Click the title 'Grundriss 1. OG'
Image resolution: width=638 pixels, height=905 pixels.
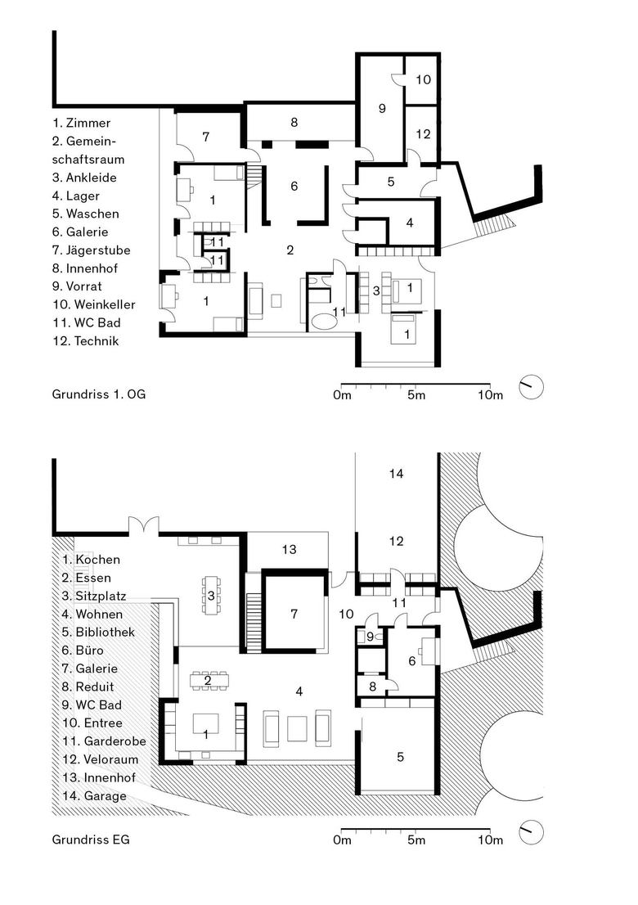(x=99, y=394)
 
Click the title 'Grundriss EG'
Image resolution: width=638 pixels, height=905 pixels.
(x=91, y=840)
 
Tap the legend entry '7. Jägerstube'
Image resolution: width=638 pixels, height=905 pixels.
(x=91, y=250)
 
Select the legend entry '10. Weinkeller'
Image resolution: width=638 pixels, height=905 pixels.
(x=94, y=304)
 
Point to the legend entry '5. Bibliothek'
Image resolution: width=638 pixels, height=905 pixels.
(x=98, y=632)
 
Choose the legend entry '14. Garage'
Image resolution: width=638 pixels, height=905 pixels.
(x=94, y=796)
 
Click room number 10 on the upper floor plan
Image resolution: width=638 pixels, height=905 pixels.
(x=424, y=79)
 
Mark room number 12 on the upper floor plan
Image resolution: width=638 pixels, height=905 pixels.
(x=424, y=134)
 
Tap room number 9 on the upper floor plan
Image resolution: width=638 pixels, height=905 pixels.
(x=382, y=108)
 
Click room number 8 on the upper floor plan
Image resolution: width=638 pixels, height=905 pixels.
(x=294, y=123)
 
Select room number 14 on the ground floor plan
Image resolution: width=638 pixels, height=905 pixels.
(x=397, y=474)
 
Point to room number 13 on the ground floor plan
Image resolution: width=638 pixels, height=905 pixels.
(x=289, y=550)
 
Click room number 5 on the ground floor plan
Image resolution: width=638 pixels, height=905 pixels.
(x=400, y=757)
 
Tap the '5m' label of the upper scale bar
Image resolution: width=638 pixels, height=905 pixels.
(x=416, y=394)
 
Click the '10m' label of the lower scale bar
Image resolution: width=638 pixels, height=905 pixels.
(x=490, y=840)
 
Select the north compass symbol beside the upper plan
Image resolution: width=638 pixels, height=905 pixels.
(x=531, y=387)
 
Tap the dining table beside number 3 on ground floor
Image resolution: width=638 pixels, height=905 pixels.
(x=211, y=595)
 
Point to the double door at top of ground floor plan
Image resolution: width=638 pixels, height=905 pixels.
(x=143, y=525)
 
